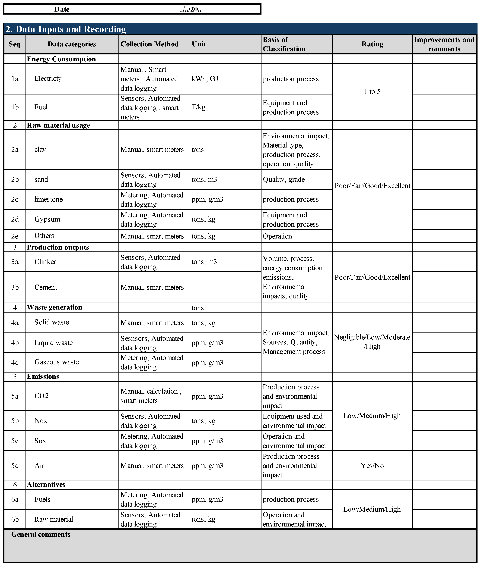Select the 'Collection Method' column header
[x=149, y=44]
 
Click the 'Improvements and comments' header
[x=444, y=44]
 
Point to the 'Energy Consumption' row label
[x=61, y=59]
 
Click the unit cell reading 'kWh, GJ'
[x=205, y=79]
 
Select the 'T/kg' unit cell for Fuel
[x=198, y=107]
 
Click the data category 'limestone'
[x=48, y=199]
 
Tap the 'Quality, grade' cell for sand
[x=284, y=180]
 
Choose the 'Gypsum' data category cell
[x=47, y=219]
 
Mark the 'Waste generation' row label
[x=54, y=307]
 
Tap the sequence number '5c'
[x=15, y=441]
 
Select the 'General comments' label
[x=41, y=534]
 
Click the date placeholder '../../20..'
[x=190, y=9]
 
